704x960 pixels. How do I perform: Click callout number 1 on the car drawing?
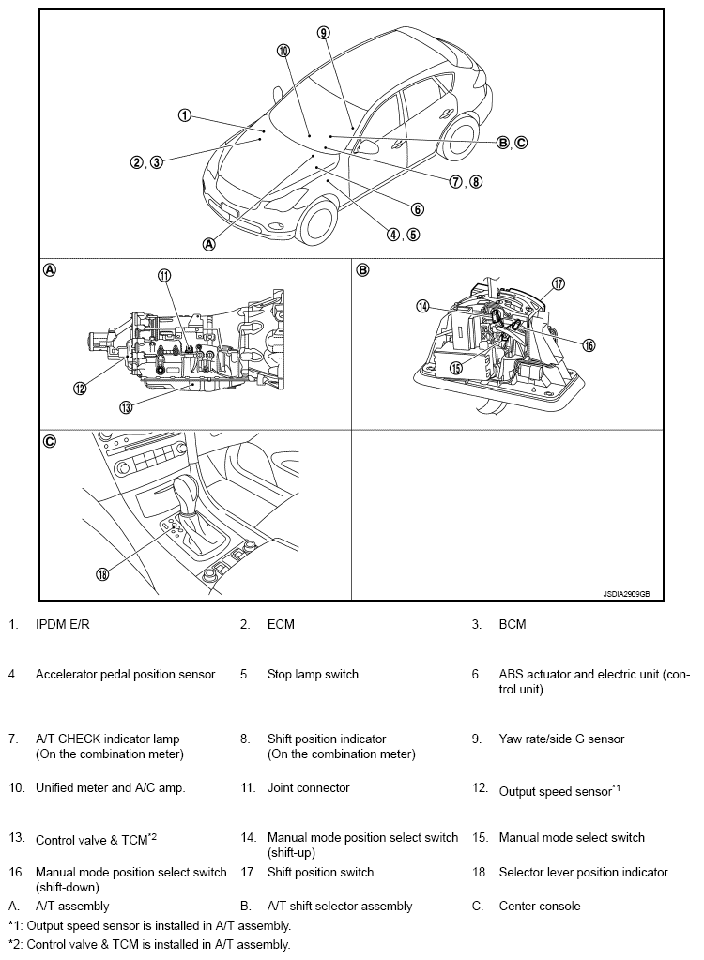pyautogui.click(x=185, y=115)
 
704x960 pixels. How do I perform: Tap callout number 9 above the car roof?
pyautogui.click(x=323, y=32)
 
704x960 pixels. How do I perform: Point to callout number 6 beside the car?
pyautogui.click(x=417, y=209)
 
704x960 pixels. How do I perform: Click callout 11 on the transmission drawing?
pyautogui.click(x=164, y=275)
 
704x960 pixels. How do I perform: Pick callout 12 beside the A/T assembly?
pyautogui.click(x=81, y=388)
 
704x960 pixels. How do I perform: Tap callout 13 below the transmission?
pyautogui.click(x=125, y=406)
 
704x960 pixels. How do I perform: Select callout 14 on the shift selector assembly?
pyautogui.click(x=423, y=306)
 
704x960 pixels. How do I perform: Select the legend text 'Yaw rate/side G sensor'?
pyautogui.click(x=561, y=739)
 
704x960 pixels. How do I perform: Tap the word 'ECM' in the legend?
pyautogui.click(x=281, y=624)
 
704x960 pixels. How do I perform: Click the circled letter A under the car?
pyautogui.click(x=209, y=243)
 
